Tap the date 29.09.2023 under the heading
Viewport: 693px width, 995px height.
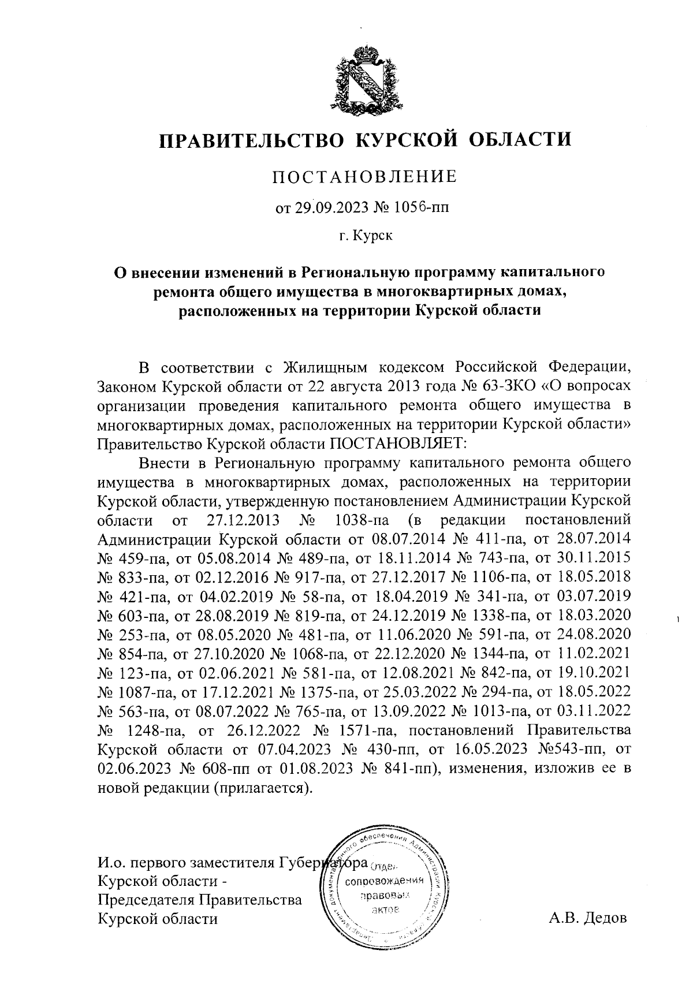[327, 207]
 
